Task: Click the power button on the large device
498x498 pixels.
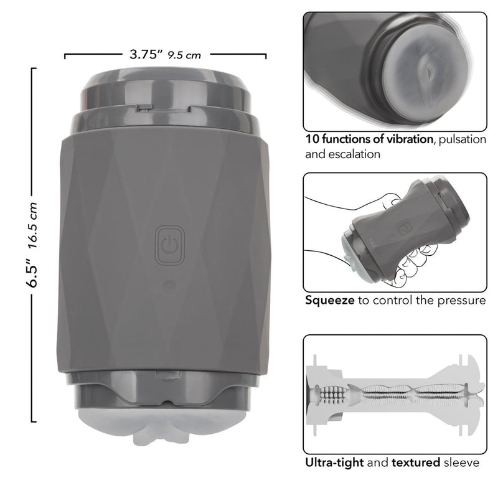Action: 170,245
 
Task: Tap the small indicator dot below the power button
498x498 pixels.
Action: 170,288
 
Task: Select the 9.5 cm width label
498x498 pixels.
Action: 184,55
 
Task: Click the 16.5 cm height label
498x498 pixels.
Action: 32,225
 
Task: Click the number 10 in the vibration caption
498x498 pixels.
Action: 312,139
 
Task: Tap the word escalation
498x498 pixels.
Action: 354,154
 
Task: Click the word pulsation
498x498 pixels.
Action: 462,139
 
